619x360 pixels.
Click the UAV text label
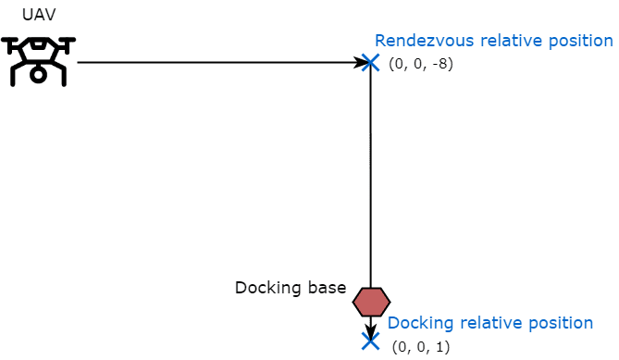point(39,15)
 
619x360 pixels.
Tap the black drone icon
point(38,62)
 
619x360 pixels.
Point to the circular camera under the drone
point(38,74)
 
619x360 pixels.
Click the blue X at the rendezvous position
point(370,63)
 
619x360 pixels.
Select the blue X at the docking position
point(370,341)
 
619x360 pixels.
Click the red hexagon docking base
point(371,302)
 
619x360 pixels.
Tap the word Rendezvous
point(425,41)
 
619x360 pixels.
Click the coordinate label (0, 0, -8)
point(421,64)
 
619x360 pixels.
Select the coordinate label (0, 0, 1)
point(421,347)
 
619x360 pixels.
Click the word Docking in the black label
point(268,288)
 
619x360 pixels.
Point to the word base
point(328,288)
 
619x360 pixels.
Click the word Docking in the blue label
point(420,323)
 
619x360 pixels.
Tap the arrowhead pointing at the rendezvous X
point(361,62)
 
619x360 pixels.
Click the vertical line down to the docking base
point(370,175)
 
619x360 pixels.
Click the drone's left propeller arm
point(14,43)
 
